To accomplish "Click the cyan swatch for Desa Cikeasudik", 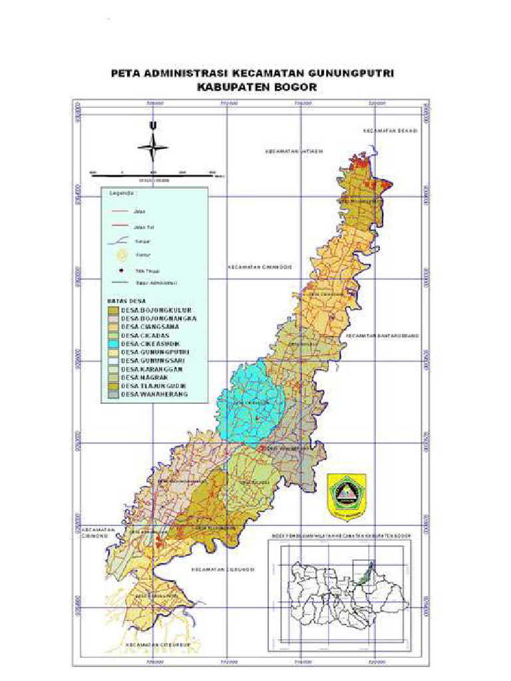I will point(113,344).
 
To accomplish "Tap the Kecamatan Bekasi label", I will point(390,131).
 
